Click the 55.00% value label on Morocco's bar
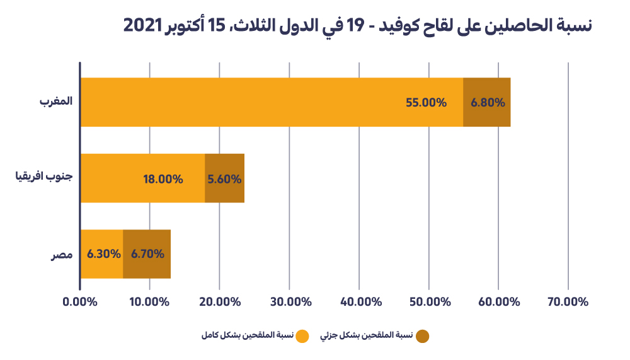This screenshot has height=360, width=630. click(x=426, y=102)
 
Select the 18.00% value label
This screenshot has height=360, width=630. click(x=163, y=179)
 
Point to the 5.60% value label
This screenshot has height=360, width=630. click(x=224, y=179)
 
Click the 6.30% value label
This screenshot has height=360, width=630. click(x=103, y=254)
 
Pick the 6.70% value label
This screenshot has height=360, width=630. click(x=147, y=254)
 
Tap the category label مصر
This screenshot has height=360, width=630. click(x=62, y=255)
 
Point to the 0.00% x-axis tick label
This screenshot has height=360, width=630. click(x=80, y=301)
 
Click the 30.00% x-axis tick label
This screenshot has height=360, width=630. click(x=289, y=301)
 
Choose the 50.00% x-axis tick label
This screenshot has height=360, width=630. click(x=428, y=301)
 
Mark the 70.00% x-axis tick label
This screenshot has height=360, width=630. click(x=568, y=301)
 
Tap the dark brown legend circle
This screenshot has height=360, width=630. click(x=422, y=336)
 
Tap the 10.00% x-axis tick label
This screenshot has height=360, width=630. click(x=149, y=301)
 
